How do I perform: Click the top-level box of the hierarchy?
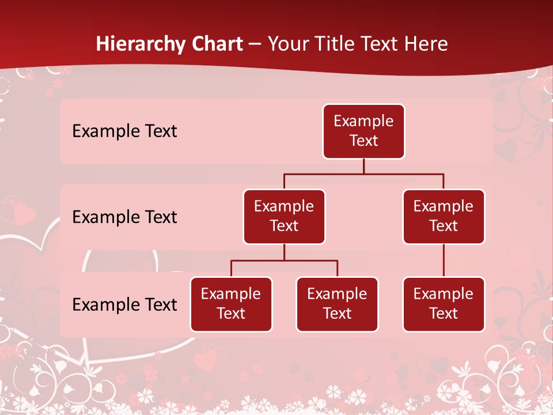pos(363,131)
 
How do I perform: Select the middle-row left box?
pos(284,217)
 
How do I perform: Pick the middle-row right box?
pos(444,217)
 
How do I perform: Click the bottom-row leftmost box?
pos(231,304)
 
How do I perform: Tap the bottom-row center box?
pos(337,304)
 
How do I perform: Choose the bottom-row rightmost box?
pos(444,304)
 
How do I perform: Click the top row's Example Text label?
pos(124,131)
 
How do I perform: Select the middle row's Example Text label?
pos(124,217)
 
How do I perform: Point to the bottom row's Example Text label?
pos(124,304)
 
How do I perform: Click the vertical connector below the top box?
pos(363,166)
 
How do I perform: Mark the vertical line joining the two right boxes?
pos(444,261)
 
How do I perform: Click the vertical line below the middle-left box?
pos(284,252)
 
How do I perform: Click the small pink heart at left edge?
pos(24,213)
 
